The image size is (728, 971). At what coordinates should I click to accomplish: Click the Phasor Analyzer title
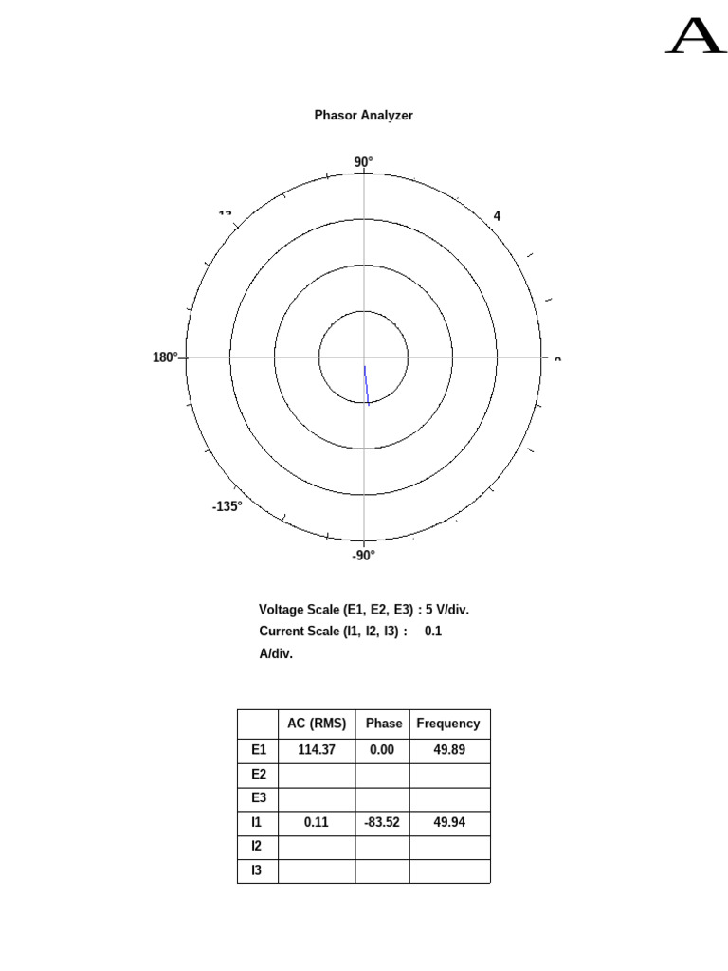tap(363, 115)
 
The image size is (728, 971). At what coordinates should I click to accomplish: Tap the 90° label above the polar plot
tap(364, 162)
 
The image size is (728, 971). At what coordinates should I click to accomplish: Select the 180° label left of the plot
tap(165, 357)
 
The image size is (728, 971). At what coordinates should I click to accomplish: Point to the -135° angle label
tap(227, 506)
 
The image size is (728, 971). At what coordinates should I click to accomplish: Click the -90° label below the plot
tap(364, 556)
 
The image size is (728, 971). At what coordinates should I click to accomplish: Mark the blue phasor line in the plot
tap(367, 384)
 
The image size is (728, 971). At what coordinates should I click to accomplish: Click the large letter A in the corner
tap(696, 38)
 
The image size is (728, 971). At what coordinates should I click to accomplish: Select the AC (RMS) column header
tap(317, 723)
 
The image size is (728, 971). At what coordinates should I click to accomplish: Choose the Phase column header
tap(384, 723)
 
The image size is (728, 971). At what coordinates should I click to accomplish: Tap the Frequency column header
tap(448, 723)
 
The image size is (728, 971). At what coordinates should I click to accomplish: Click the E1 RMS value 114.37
tap(317, 749)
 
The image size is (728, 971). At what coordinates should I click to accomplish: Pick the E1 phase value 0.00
tap(382, 749)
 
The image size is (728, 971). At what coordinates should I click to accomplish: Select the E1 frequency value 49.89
tap(449, 749)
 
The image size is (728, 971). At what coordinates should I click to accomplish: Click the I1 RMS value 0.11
tap(317, 822)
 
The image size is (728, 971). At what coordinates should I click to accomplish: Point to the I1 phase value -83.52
tap(382, 822)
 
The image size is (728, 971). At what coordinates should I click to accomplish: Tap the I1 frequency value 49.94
tap(449, 822)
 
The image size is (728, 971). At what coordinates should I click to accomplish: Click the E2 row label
tap(259, 774)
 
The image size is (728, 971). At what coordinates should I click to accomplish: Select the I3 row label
tap(256, 870)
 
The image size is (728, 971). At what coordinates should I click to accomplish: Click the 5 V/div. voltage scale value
tap(447, 609)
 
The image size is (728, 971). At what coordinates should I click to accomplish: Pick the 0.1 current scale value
tap(433, 631)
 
